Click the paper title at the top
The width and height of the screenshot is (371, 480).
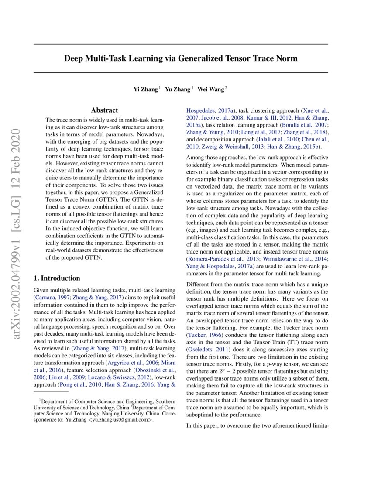[181, 58]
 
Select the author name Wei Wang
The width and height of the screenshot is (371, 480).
[210, 89]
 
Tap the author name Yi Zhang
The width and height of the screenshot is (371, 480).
[145, 89]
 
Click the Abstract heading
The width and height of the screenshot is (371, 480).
[104, 110]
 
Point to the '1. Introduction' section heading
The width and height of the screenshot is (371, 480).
[57, 278]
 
